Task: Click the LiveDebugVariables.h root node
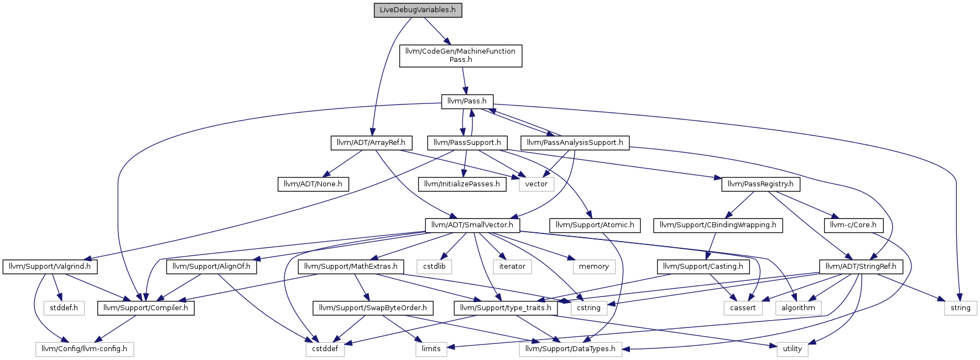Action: click(418, 11)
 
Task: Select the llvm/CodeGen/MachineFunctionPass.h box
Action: click(461, 56)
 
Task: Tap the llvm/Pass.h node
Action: click(467, 101)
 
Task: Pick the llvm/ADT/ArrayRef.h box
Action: click(371, 143)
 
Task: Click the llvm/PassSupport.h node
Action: click(467, 143)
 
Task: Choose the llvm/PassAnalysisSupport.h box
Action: click(575, 143)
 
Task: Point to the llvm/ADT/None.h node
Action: click(313, 184)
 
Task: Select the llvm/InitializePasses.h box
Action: click(462, 184)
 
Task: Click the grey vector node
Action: click(536, 184)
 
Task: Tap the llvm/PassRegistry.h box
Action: click(760, 184)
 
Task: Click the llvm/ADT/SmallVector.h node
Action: click(472, 225)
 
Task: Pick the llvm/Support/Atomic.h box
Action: click(595, 225)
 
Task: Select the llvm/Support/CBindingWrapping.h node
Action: click(718, 225)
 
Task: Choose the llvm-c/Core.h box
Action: click(853, 225)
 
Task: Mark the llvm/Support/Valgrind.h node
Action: click(50, 267)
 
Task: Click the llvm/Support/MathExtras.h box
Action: click(351, 267)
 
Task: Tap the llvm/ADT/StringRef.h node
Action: click(861, 267)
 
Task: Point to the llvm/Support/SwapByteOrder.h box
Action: click(373, 308)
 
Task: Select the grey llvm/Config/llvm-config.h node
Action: click(85, 349)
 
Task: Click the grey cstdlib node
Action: click(434, 267)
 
